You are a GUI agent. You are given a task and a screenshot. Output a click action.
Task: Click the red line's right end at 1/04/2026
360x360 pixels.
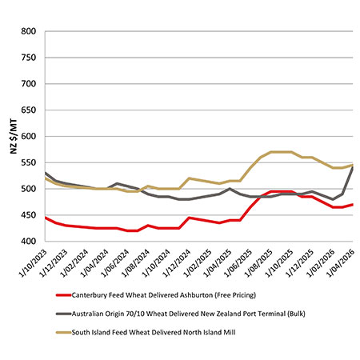pyautogui.click(x=353, y=205)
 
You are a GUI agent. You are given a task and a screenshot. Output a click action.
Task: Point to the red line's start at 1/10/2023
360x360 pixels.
pyautogui.click(x=46, y=218)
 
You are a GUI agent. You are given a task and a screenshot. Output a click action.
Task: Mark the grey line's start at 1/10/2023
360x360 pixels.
pyautogui.click(x=46, y=173)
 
